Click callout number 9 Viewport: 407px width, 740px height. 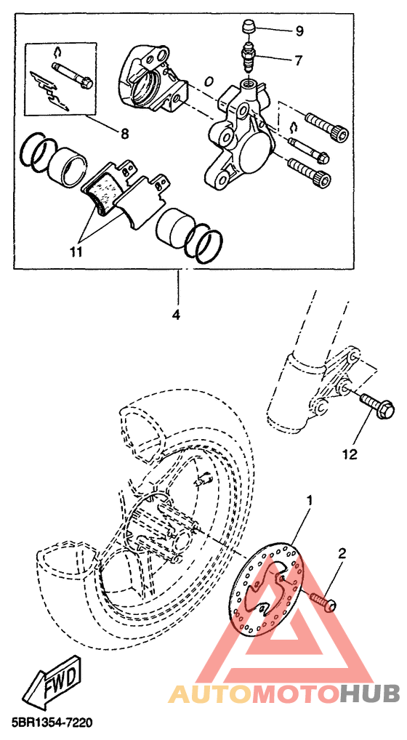[x=299, y=32]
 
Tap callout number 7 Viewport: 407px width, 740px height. [x=298, y=60]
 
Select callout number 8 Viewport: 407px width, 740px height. [x=124, y=134]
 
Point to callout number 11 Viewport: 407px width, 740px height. [x=76, y=252]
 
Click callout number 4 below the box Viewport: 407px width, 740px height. [x=176, y=314]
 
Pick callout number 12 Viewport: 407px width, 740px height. [x=350, y=454]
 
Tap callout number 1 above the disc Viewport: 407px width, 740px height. [x=310, y=500]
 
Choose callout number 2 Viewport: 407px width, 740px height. [x=342, y=553]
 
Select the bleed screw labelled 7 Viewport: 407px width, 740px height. [x=248, y=55]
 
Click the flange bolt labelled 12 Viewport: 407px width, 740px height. [x=377, y=407]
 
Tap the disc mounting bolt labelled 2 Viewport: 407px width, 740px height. [x=323, y=601]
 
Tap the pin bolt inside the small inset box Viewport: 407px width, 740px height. [x=72, y=76]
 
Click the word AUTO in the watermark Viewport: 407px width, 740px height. [x=210, y=694]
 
